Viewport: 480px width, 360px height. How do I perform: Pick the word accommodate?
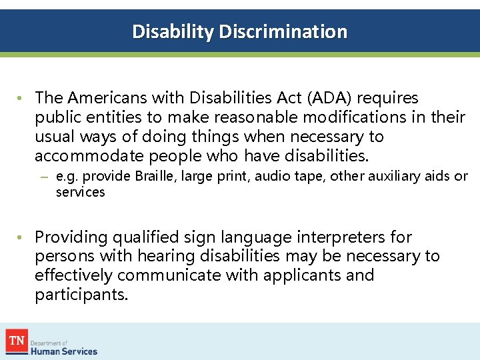pyautogui.click(x=89, y=155)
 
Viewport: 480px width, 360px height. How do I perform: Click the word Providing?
pyautogui.click(x=71, y=237)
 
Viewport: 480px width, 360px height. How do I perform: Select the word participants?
pyautogui.click(x=81, y=295)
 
